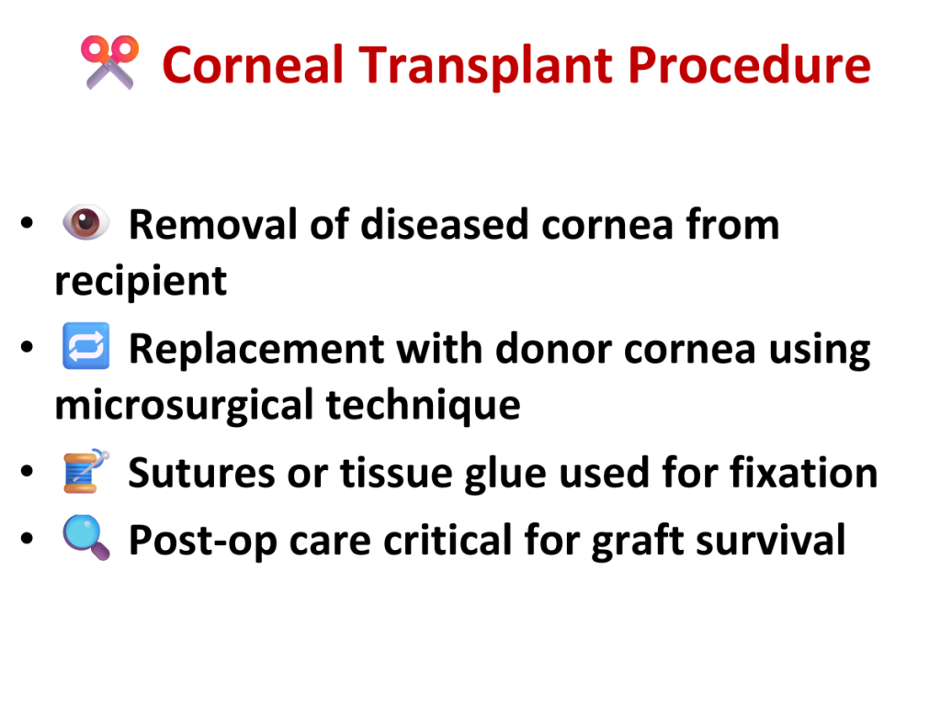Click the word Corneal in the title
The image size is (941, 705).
pos(253,65)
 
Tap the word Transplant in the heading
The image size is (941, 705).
pos(485,66)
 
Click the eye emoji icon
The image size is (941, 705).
pos(86,222)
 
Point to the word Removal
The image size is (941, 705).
pos(213,224)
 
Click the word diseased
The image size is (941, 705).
pos(444,224)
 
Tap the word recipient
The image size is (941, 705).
pos(141,281)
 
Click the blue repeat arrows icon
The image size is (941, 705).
pos(86,346)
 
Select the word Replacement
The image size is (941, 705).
pos(256,348)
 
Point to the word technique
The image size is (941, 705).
pos(423,405)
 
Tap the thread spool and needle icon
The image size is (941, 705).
pos(86,471)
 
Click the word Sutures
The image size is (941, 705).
pos(201,473)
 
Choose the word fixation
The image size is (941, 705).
pos(803,473)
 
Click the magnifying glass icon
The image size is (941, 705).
pos(86,538)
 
